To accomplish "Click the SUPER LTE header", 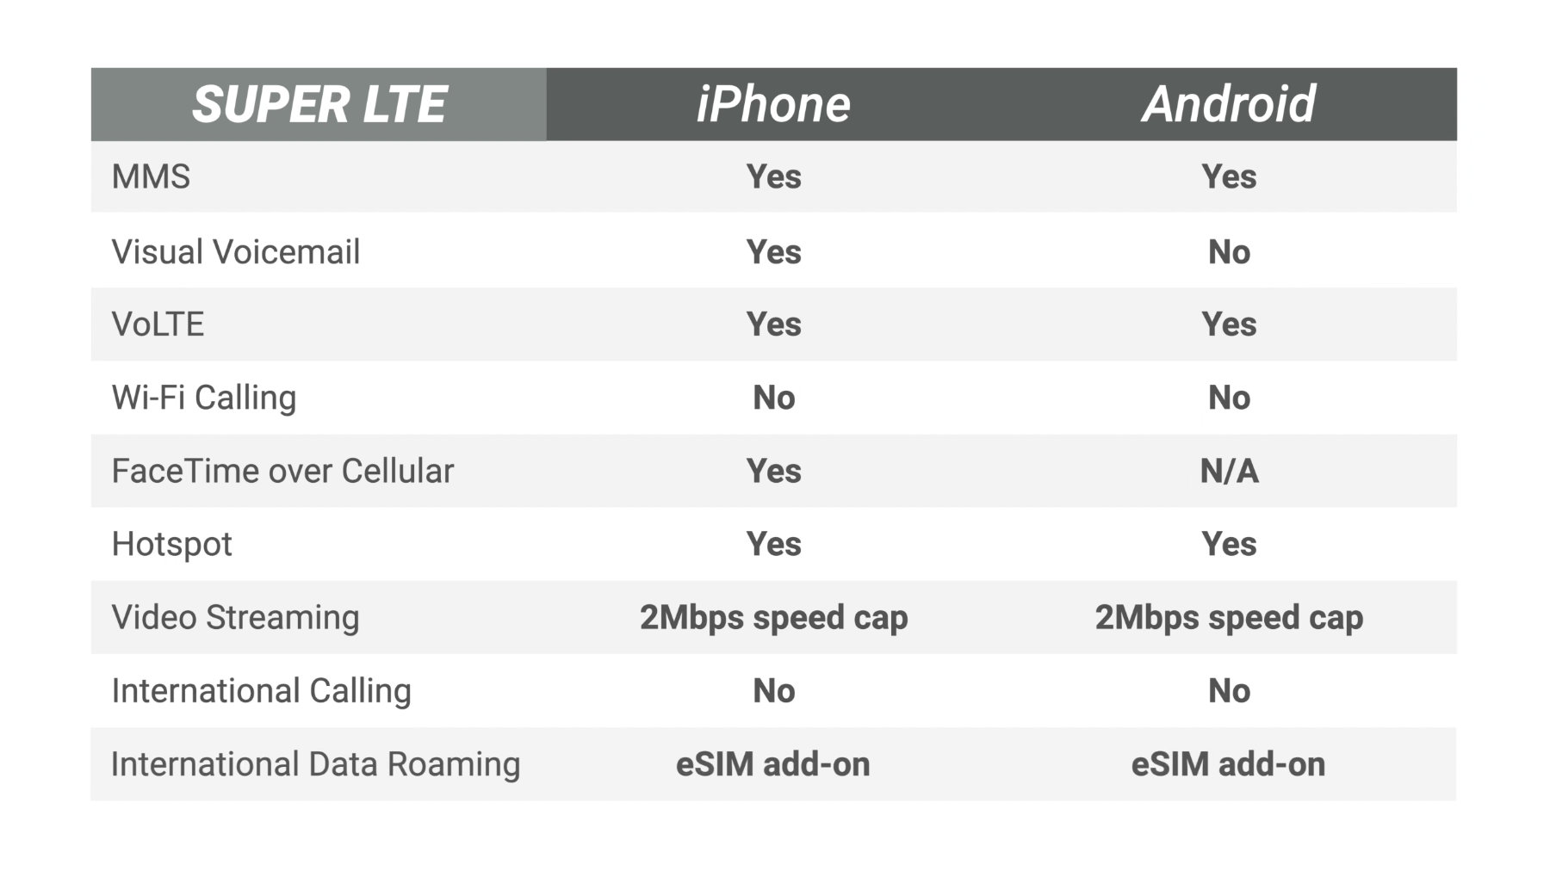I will click(319, 104).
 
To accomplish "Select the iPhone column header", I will click(772, 104).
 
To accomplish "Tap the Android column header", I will click(1228, 104).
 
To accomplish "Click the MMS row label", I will click(151, 176).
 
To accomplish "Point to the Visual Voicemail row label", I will click(235, 252).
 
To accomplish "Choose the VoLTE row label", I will click(158, 324).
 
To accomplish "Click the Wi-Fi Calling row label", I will click(203, 398).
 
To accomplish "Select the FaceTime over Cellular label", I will click(282, 471).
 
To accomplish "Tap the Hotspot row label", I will click(171, 544).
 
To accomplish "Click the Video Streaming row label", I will click(235, 617).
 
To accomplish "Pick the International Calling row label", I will click(261, 690).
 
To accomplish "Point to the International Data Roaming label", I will click(315, 764).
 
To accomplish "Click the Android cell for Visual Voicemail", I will click(1229, 252).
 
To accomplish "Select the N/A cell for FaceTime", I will click(1229, 471).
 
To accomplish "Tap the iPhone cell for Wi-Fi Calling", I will click(773, 398).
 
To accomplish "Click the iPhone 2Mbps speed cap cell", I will click(773, 617).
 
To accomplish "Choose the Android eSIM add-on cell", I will click(1228, 764).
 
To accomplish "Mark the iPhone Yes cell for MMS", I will click(773, 176).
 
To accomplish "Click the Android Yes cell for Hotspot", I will click(1229, 544).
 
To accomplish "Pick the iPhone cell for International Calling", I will click(773, 690).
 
